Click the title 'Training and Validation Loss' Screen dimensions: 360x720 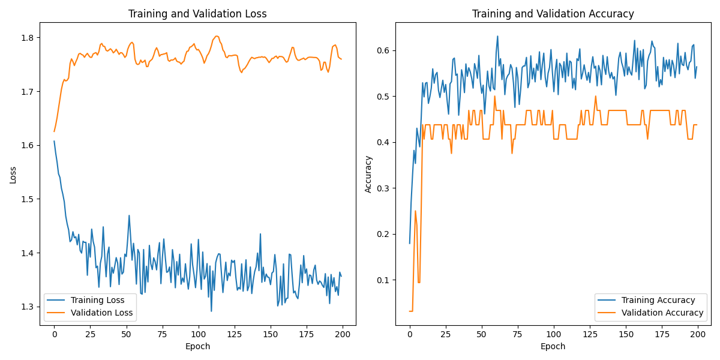(197, 14)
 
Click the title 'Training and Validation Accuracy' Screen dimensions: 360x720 (553, 14)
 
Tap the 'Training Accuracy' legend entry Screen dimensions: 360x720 (658, 300)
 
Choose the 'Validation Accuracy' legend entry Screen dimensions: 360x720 (662, 313)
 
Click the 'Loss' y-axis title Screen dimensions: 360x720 (13, 174)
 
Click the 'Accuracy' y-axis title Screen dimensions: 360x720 (368, 174)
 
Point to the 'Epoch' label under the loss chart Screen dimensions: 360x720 (197, 346)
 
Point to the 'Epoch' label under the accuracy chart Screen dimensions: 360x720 (553, 346)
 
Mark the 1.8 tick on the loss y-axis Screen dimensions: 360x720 (28, 38)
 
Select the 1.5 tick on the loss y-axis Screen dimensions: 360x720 (28, 199)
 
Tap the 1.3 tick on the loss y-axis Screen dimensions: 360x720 (28, 307)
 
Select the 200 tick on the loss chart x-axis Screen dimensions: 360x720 (342, 334)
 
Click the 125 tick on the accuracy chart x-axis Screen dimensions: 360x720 (590, 334)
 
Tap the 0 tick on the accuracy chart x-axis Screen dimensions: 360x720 (410, 334)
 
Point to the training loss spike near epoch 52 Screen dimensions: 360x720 (129, 215)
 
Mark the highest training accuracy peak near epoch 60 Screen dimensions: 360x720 (497, 36)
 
